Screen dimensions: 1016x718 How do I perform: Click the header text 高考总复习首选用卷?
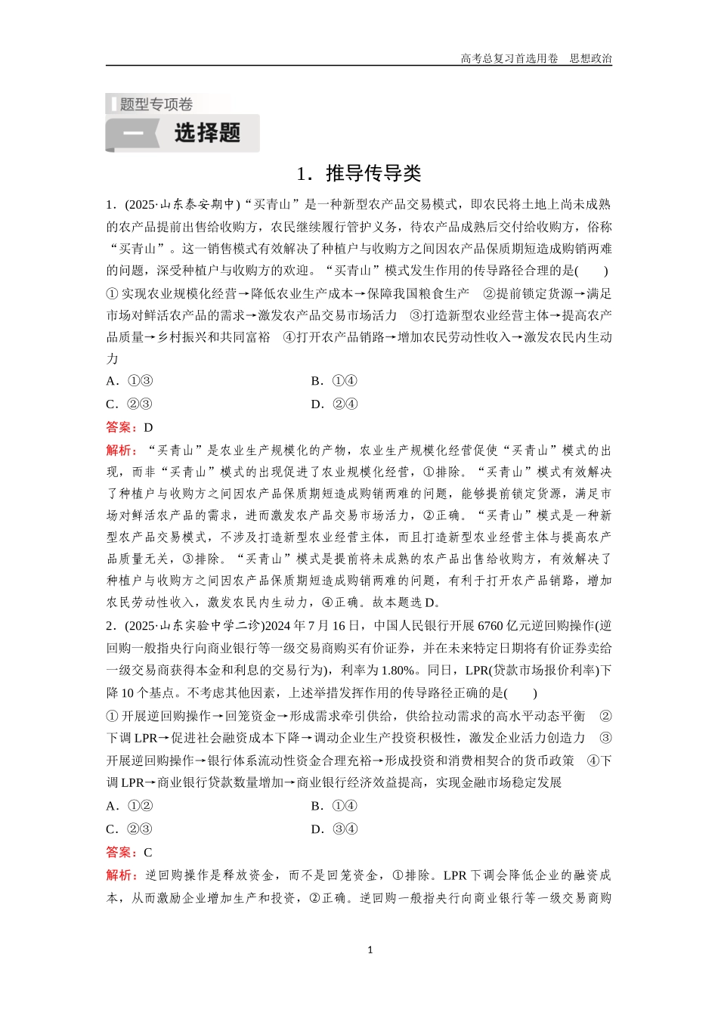(x=509, y=58)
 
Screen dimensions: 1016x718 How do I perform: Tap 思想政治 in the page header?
(x=590, y=58)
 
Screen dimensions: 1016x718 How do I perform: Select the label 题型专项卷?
(x=156, y=104)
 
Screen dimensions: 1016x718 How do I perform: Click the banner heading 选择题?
(x=207, y=133)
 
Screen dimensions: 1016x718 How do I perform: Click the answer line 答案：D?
(x=129, y=427)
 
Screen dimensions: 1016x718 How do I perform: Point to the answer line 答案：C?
(x=129, y=852)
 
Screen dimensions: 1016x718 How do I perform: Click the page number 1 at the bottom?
(x=370, y=950)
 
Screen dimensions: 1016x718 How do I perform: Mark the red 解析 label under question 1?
(x=121, y=451)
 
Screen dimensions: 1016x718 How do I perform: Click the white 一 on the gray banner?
(x=132, y=134)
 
